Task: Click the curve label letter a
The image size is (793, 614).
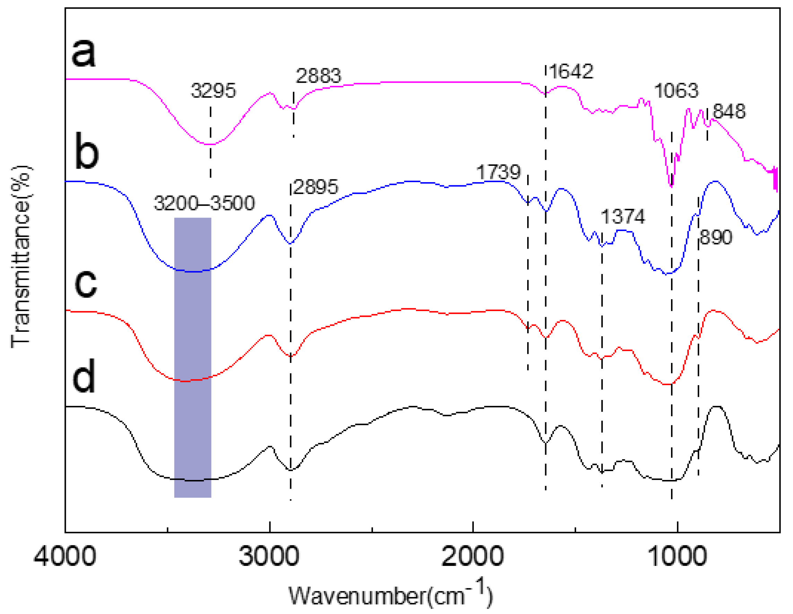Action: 84,54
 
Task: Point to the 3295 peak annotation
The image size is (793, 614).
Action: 214,91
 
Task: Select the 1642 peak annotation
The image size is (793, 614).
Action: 571,71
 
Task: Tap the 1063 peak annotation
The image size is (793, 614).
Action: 676,91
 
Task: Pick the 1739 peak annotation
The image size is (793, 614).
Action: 498,172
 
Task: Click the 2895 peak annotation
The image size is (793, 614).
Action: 315,187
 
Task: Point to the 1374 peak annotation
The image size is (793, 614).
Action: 623,217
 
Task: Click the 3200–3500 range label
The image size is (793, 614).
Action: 204,203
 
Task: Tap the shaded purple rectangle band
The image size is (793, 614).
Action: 193,357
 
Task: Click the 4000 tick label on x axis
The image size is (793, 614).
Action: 65,556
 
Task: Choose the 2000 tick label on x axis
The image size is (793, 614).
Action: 472,556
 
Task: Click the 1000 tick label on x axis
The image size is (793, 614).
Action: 677,556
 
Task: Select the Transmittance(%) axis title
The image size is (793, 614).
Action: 21,256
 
